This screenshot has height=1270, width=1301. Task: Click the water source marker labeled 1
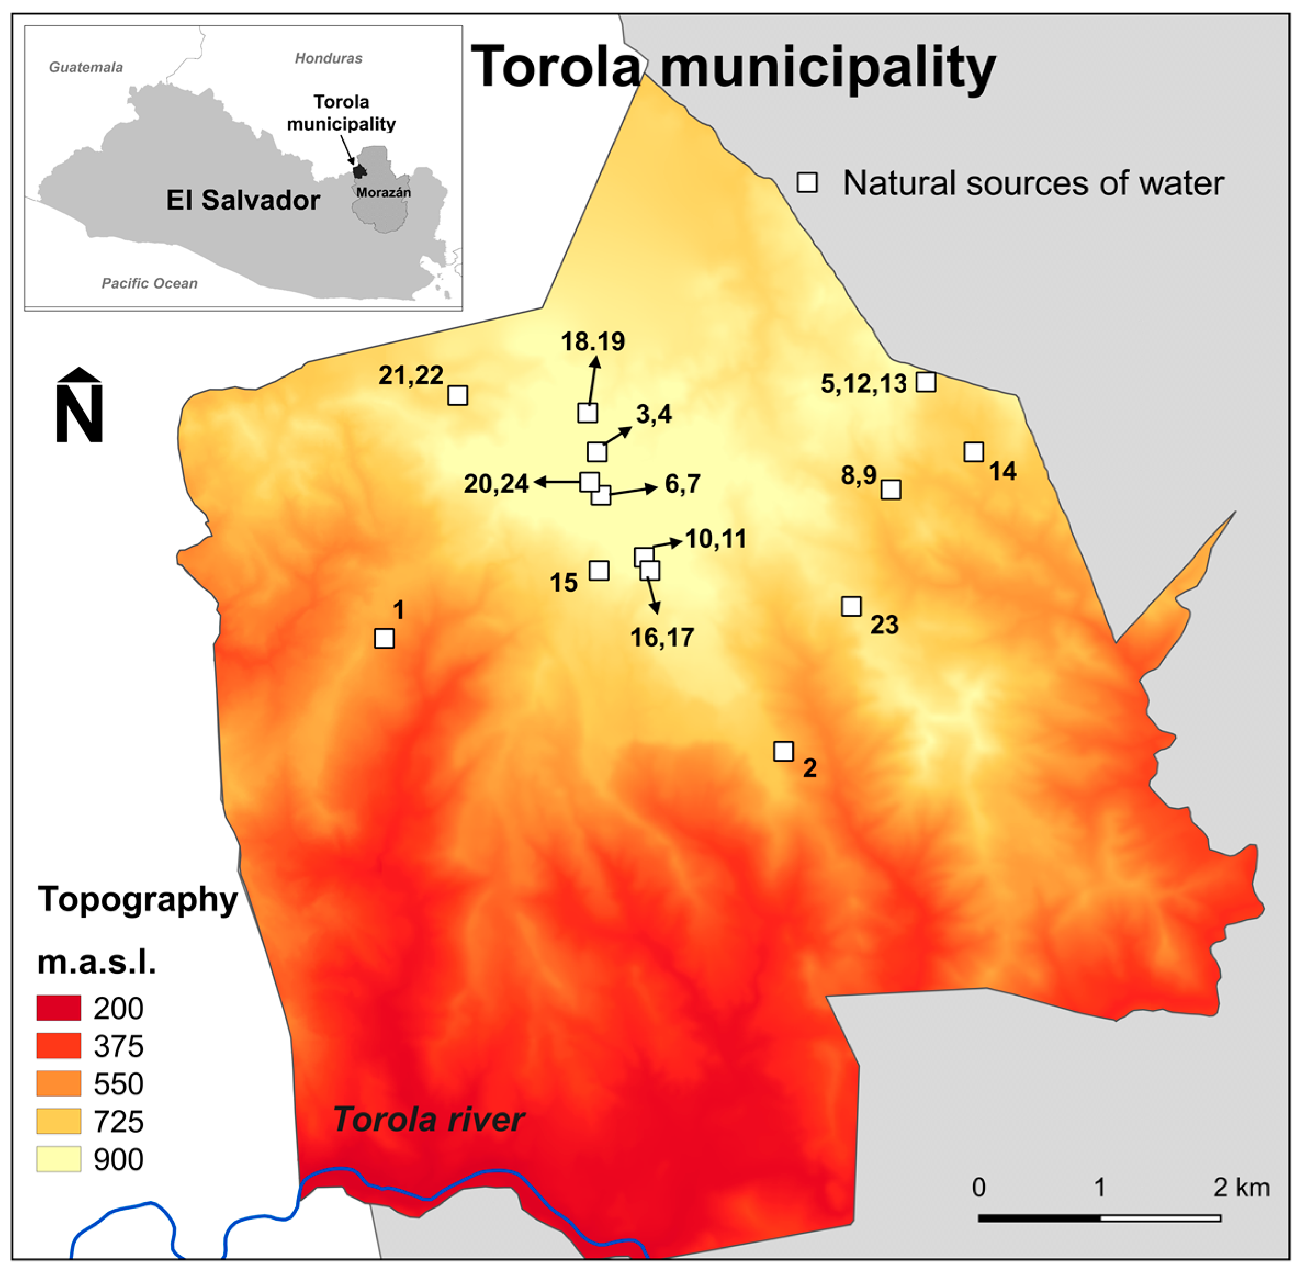384,638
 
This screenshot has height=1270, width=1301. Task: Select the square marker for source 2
784,751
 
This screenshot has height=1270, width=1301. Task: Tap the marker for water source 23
851,606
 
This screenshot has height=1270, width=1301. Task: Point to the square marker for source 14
973,452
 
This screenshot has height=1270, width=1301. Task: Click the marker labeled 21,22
458,396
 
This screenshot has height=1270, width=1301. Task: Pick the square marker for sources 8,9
891,490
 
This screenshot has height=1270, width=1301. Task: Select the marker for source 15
599,570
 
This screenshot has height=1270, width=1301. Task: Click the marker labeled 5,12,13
926,381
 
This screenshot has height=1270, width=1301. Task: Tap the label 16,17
662,638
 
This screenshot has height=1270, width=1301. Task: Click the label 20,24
496,484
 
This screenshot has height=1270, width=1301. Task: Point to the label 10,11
716,539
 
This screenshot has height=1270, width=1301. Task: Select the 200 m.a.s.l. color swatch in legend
59,1008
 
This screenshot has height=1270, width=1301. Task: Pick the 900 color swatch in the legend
59,1159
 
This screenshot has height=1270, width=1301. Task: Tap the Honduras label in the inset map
328,58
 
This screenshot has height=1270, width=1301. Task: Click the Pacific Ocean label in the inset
149,284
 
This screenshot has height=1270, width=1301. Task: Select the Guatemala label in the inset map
86,68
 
